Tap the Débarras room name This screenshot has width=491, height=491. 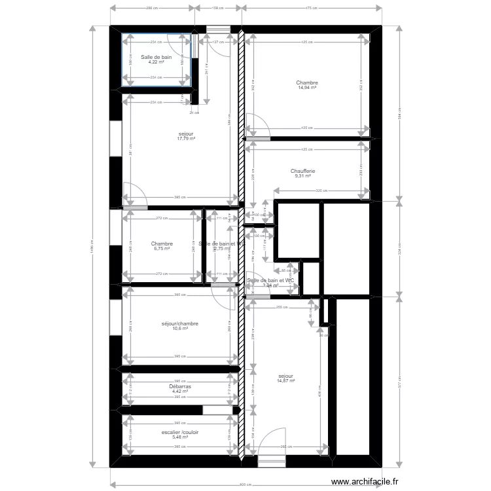[179, 386]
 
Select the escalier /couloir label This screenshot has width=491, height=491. [179, 432]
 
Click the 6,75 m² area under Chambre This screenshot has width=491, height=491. [162, 249]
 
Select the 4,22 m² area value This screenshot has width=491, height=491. [156, 62]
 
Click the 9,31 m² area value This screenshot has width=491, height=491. [302, 176]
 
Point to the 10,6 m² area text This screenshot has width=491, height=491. [179, 329]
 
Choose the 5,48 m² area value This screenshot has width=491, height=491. [179, 437]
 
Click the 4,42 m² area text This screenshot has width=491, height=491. [179, 391]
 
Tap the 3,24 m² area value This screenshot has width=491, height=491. [270, 285]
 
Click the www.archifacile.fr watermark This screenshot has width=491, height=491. [365, 482]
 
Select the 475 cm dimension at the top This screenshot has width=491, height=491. [312, 9]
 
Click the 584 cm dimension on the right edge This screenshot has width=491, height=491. [399, 115]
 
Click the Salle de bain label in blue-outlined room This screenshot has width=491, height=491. [156, 57]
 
